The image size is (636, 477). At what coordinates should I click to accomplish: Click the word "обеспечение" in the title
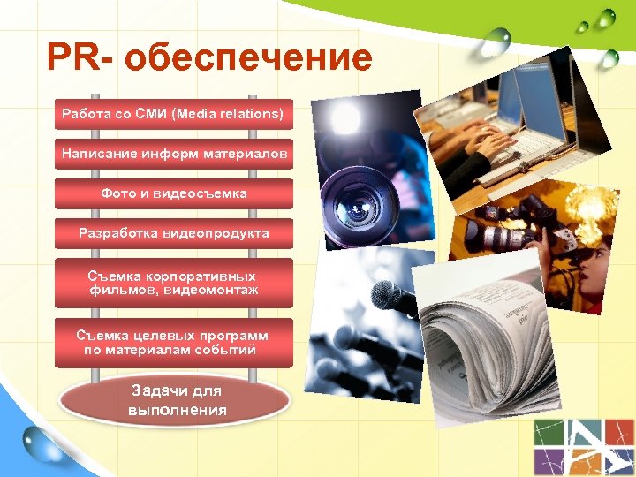click(x=248, y=59)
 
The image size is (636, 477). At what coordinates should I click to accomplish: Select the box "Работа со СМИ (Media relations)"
click(x=173, y=114)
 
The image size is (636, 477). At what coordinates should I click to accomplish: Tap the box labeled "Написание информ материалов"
click(x=173, y=154)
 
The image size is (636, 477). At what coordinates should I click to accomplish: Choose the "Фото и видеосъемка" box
click(x=173, y=193)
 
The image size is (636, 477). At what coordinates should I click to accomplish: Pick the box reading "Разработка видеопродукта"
click(x=173, y=233)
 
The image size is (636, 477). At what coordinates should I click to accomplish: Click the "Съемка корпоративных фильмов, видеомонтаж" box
click(x=173, y=283)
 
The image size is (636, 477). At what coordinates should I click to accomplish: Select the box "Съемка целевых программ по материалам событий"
click(x=173, y=343)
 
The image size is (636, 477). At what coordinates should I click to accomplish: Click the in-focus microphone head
click(x=393, y=299)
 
